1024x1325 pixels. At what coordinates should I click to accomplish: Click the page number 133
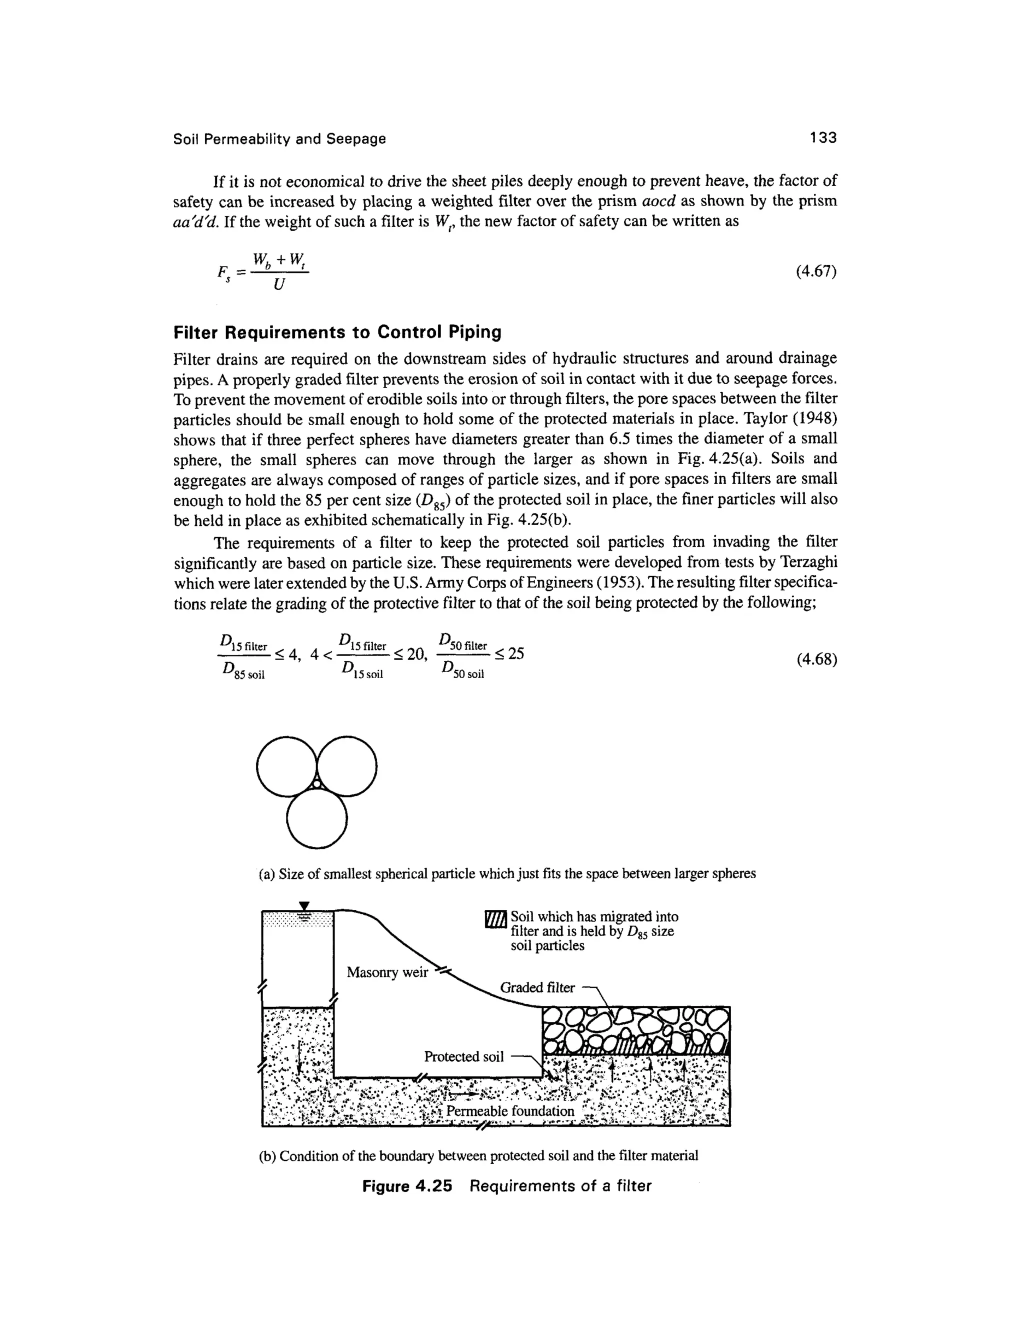pos(822,138)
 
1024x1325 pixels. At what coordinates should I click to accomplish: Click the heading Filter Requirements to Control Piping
pos(337,332)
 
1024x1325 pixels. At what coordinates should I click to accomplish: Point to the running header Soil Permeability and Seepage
pos(279,139)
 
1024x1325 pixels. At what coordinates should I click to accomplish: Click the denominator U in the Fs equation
pos(278,284)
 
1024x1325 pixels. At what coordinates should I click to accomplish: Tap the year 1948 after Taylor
pos(813,419)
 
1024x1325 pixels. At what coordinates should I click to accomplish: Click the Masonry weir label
pos(387,972)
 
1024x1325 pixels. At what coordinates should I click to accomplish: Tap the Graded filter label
pos(537,987)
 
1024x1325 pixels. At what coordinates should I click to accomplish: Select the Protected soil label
pos(463,1057)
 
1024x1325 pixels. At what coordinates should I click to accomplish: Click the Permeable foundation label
pos(509,1111)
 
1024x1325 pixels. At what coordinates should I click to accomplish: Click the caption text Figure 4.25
pos(407,1186)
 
